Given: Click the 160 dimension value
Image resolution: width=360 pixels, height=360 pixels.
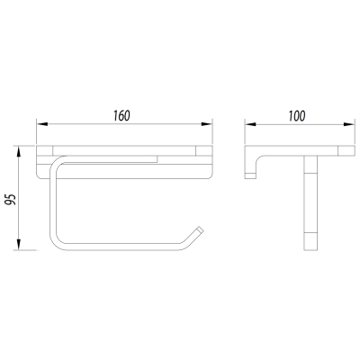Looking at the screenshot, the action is (121, 116).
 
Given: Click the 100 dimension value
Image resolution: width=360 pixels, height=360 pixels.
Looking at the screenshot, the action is (297, 116).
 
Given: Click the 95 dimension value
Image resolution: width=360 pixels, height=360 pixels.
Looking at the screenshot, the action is (11, 200).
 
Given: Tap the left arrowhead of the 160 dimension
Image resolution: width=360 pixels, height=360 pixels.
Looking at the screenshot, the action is (42, 124).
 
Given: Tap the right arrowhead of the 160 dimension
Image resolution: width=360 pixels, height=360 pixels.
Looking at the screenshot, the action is (207, 124).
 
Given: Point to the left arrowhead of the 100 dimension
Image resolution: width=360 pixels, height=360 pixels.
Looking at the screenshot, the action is (250, 124).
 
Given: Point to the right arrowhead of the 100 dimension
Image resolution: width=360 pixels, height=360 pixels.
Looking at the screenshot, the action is (349, 124).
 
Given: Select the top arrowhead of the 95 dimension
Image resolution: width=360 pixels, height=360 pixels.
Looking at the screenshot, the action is (19, 152).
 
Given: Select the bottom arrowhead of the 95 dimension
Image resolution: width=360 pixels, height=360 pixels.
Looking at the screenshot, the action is (19, 244).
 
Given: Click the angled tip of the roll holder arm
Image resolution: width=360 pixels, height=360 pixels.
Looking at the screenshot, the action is (200, 229).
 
